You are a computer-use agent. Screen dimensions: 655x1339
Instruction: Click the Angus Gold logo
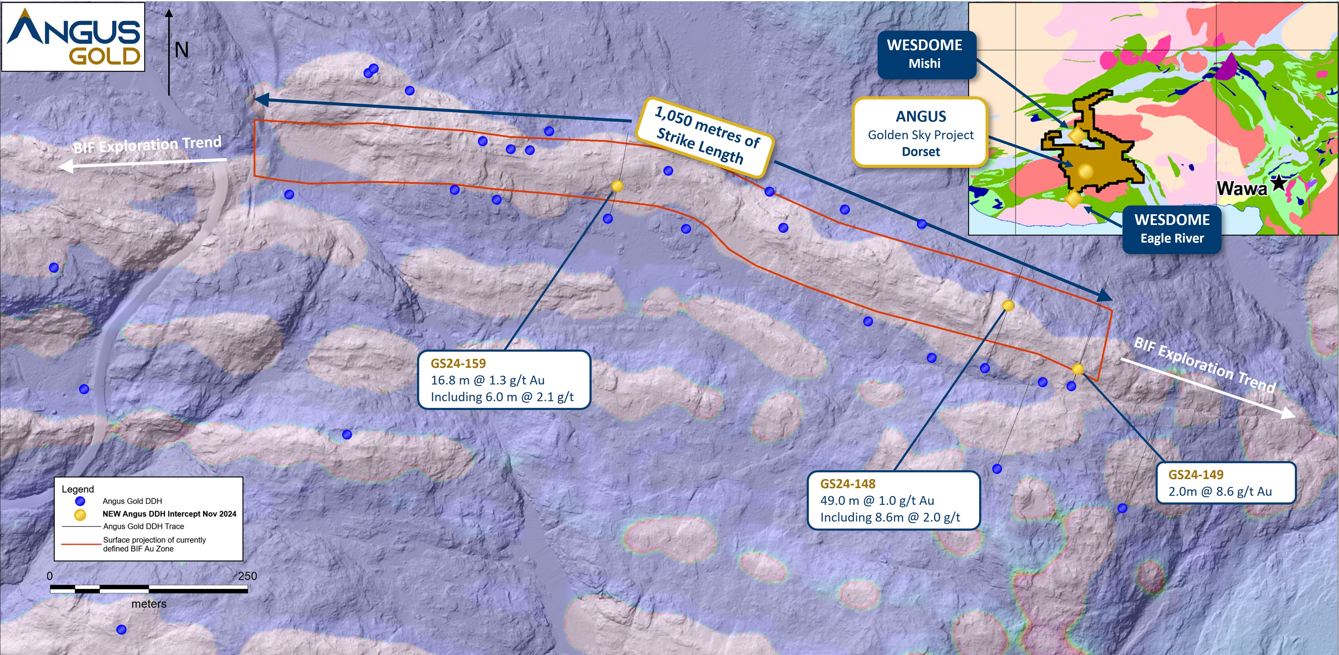tap(73, 37)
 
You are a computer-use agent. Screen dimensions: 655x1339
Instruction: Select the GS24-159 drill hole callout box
tap(504, 380)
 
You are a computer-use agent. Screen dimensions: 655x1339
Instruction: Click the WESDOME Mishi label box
tap(925, 54)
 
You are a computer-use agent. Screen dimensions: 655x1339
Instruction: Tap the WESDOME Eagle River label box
tap(1172, 229)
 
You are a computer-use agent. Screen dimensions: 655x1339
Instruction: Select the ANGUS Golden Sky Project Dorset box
tap(920, 133)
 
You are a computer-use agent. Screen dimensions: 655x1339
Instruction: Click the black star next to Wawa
tap(1278, 182)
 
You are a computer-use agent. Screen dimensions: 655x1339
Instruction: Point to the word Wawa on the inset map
tap(1241, 188)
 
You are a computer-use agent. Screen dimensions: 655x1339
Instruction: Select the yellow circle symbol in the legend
tap(80, 514)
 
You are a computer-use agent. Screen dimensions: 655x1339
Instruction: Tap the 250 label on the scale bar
tap(247, 576)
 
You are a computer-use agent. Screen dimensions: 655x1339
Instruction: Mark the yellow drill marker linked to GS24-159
tap(617, 186)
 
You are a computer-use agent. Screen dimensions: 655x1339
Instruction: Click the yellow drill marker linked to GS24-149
tap(1078, 369)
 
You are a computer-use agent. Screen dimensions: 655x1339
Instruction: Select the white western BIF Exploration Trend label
tap(147, 145)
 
